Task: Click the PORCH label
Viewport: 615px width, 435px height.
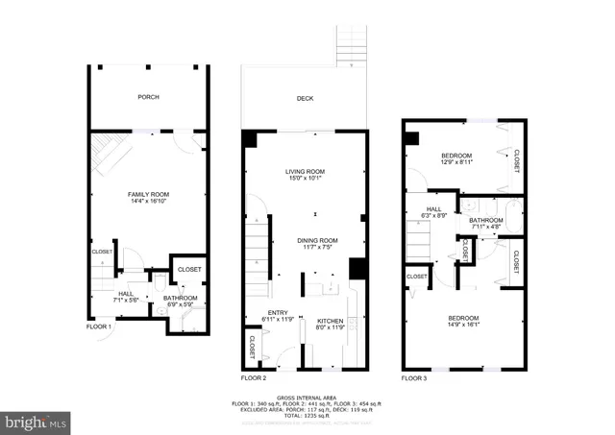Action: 149,97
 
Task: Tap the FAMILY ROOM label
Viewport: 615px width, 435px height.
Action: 148,195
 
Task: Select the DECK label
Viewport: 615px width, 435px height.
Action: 305,98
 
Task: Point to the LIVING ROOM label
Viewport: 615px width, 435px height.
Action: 305,172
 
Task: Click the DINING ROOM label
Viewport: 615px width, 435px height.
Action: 316,240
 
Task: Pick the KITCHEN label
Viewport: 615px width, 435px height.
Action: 331,322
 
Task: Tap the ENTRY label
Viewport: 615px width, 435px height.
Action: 277,312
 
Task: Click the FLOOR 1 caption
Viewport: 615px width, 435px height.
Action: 99,327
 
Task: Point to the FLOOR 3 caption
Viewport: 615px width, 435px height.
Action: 415,378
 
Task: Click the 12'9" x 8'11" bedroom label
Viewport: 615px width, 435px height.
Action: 456,156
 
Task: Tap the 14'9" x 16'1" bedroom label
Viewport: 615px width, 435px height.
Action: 463,318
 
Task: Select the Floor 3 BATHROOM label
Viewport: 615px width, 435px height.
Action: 486,220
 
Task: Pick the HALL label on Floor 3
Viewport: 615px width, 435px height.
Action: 433,209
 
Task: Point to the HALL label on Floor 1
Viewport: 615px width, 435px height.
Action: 127,294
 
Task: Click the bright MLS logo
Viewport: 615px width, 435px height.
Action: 37,421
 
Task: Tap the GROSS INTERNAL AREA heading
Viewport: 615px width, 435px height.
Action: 307,397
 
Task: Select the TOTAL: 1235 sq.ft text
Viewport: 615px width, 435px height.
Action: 307,415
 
